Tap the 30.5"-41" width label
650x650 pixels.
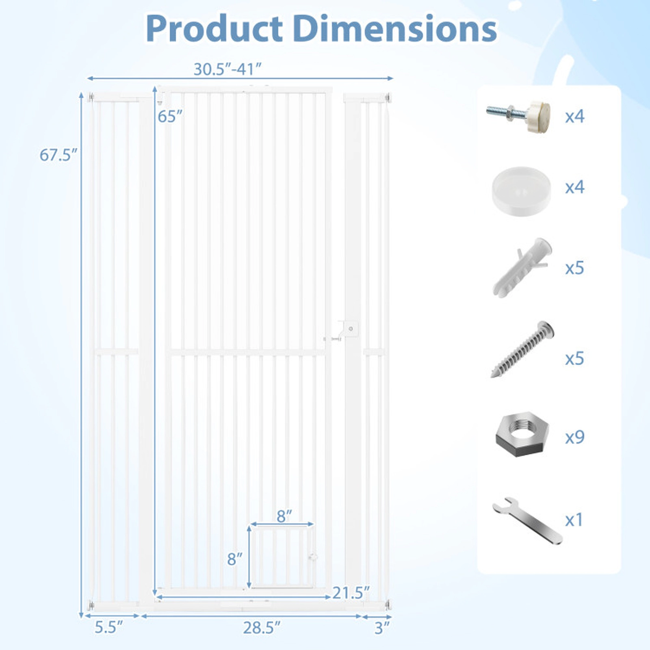point(227,69)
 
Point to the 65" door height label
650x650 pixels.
point(170,117)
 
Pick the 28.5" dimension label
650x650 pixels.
point(262,628)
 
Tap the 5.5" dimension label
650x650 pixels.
point(108,628)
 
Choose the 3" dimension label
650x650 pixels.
point(382,628)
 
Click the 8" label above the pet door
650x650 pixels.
point(284,516)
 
